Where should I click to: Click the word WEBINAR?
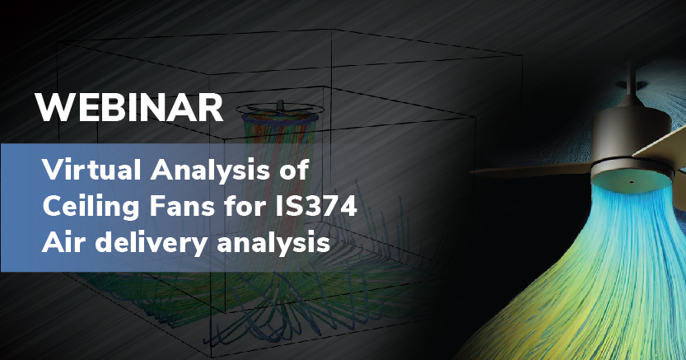(x=129, y=108)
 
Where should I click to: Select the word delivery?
(x=151, y=243)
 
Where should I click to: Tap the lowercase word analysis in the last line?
(x=273, y=243)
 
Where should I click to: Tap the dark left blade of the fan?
(x=530, y=169)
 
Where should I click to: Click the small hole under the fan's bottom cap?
(x=632, y=182)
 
